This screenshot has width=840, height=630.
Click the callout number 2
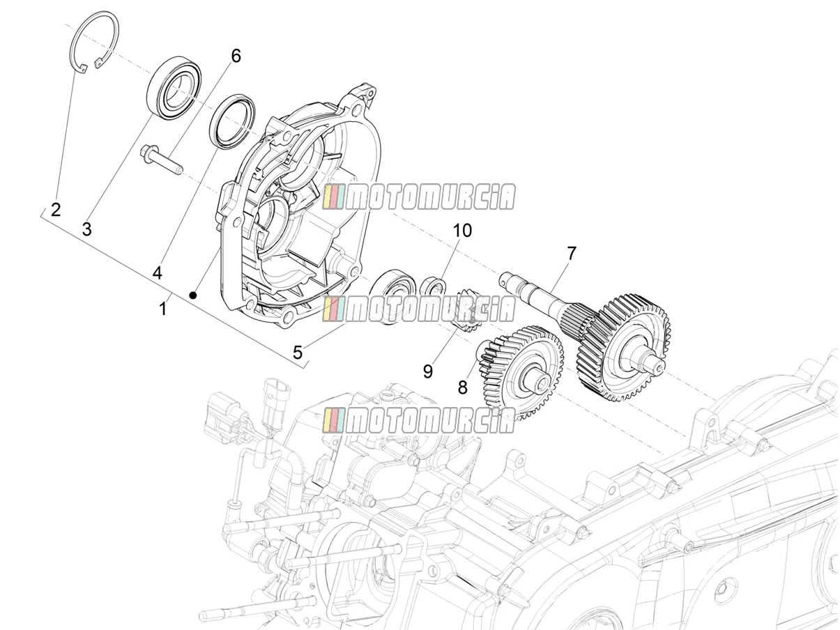56,210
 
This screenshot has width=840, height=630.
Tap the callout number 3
87,229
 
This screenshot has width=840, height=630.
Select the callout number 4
158,273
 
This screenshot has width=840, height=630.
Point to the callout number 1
163,309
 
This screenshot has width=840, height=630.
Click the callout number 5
298,353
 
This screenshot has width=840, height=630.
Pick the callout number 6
236,56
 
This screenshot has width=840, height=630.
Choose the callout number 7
571,253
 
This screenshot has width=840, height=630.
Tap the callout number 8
463,387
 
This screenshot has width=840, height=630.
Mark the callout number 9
428,371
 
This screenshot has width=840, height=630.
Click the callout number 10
462,231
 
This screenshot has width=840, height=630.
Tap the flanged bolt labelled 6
162,161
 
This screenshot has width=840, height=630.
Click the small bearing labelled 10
433,288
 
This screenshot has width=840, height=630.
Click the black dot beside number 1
194,295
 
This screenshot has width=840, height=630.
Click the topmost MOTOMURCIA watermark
419,197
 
